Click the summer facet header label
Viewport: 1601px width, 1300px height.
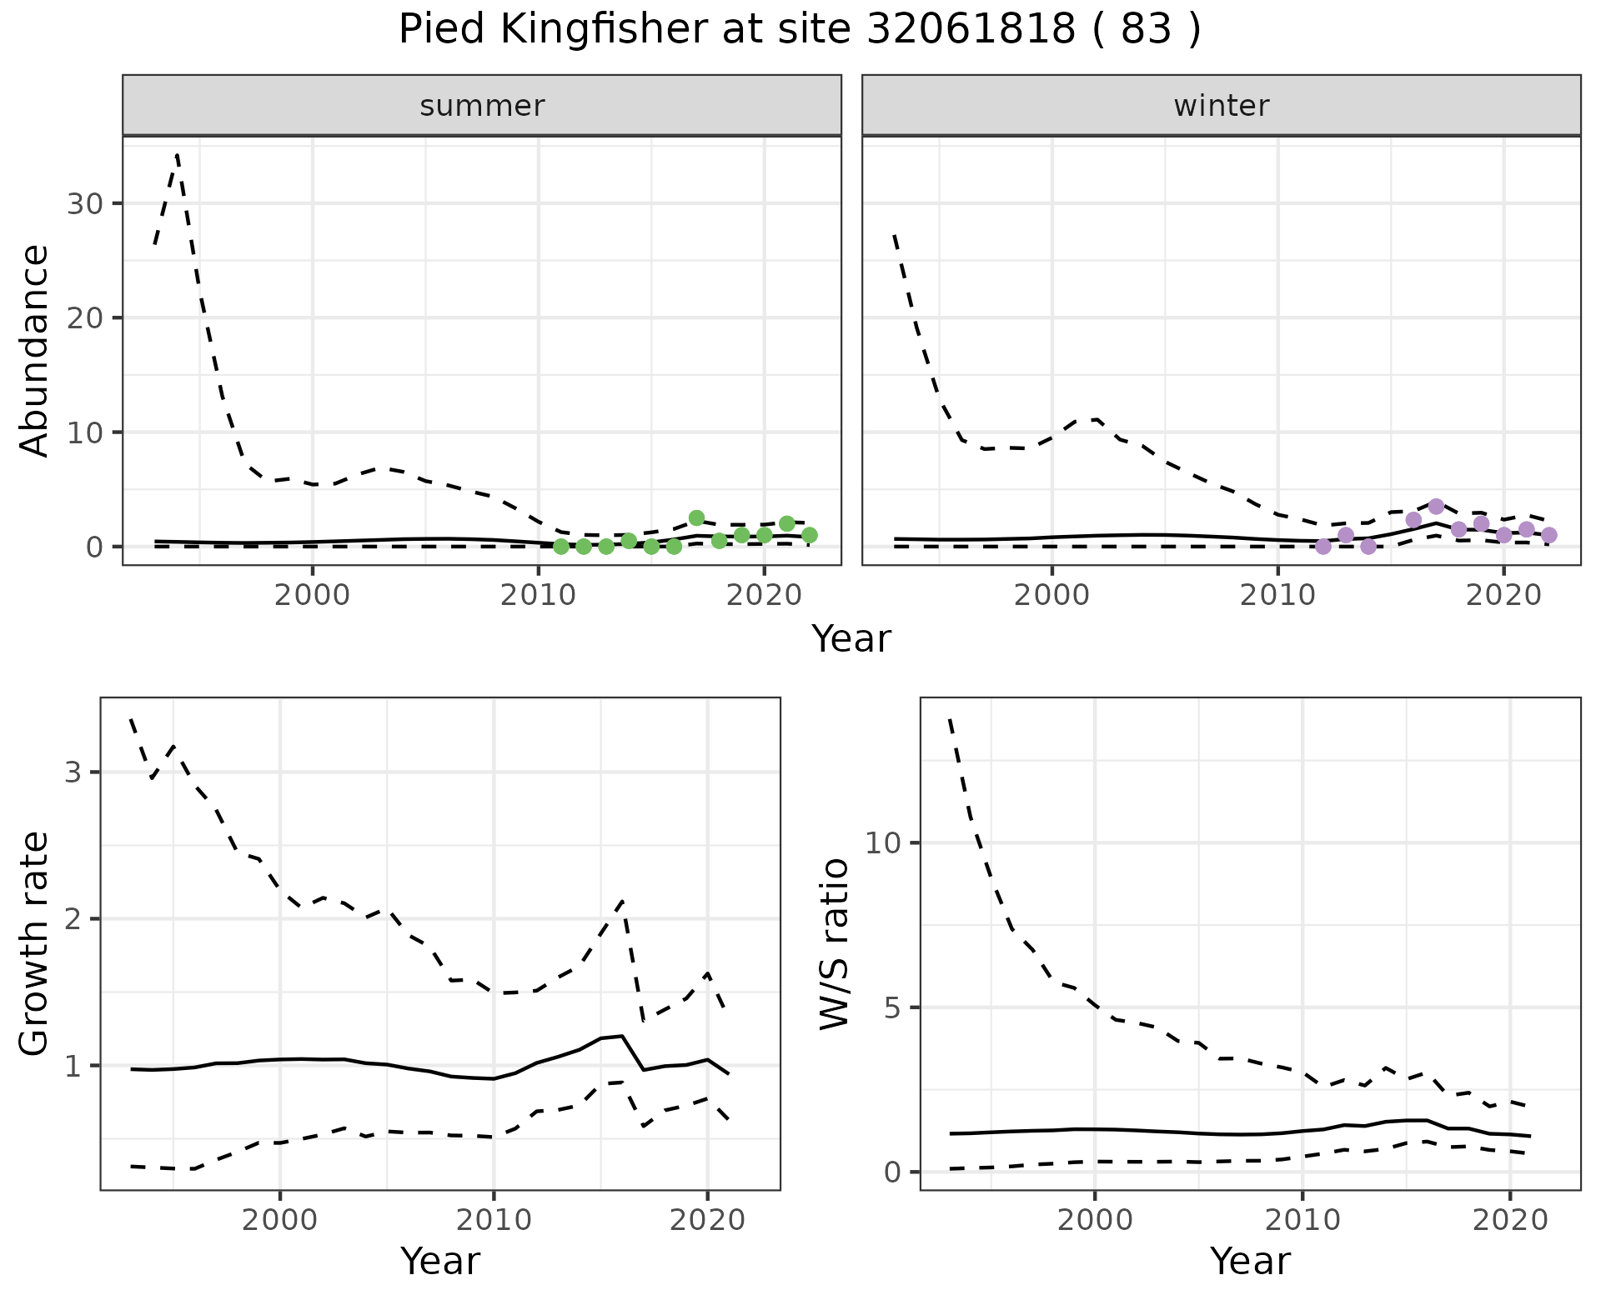(x=482, y=106)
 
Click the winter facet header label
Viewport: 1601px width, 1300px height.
(x=1221, y=106)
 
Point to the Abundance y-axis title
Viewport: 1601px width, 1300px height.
(x=34, y=350)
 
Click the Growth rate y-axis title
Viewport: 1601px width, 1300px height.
(x=34, y=943)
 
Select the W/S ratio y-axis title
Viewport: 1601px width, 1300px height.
(x=834, y=943)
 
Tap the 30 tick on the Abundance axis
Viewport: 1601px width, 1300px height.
(x=84, y=204)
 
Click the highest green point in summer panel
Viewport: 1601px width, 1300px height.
(x=697, y=518)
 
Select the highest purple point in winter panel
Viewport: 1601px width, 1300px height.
(x=1436, y=507)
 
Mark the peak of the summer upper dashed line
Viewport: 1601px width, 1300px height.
(x=178, y=155)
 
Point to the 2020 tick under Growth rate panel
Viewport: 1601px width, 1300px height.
(x=707, y=1220)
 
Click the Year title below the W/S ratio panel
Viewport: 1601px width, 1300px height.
(x=1249, y=1261)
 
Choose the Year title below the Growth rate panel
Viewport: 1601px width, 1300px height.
(x=440, y=1261)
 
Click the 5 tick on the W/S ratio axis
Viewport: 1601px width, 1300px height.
(x=892, y=1007)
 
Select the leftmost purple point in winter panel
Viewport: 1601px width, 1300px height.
(x=1323, y=547)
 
